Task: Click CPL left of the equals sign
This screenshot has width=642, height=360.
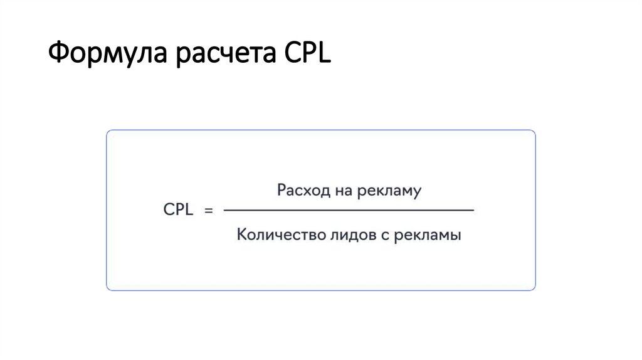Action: point(179,210)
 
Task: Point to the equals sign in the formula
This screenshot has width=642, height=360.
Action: point(209,211)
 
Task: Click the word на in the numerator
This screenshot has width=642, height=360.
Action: point(342,190)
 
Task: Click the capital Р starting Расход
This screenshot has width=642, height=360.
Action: point(282,190)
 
